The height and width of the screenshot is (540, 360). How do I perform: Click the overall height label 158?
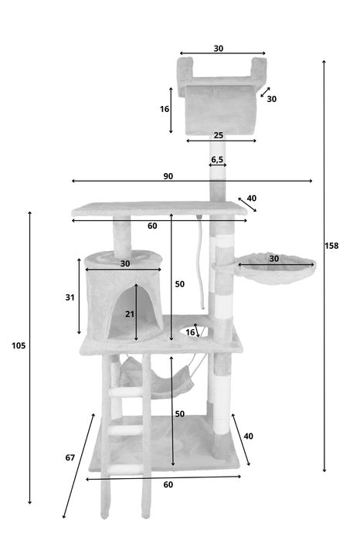[x=331, y=246]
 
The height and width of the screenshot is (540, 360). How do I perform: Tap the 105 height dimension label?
[x=19, y=345]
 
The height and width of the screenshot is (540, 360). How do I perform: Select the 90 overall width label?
[x=168, y=176]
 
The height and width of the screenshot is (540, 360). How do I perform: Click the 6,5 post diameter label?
[x=217, y=159]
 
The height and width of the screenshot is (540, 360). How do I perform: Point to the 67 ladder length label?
[x=70, y=457]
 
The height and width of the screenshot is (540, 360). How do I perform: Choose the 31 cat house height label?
[x=70, y=297]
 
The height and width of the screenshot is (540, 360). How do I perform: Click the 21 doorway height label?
[x=130, y=314]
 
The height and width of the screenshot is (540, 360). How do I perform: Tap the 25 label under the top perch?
[x=219, y=135]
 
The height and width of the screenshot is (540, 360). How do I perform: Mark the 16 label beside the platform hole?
[x=190, y=332]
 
